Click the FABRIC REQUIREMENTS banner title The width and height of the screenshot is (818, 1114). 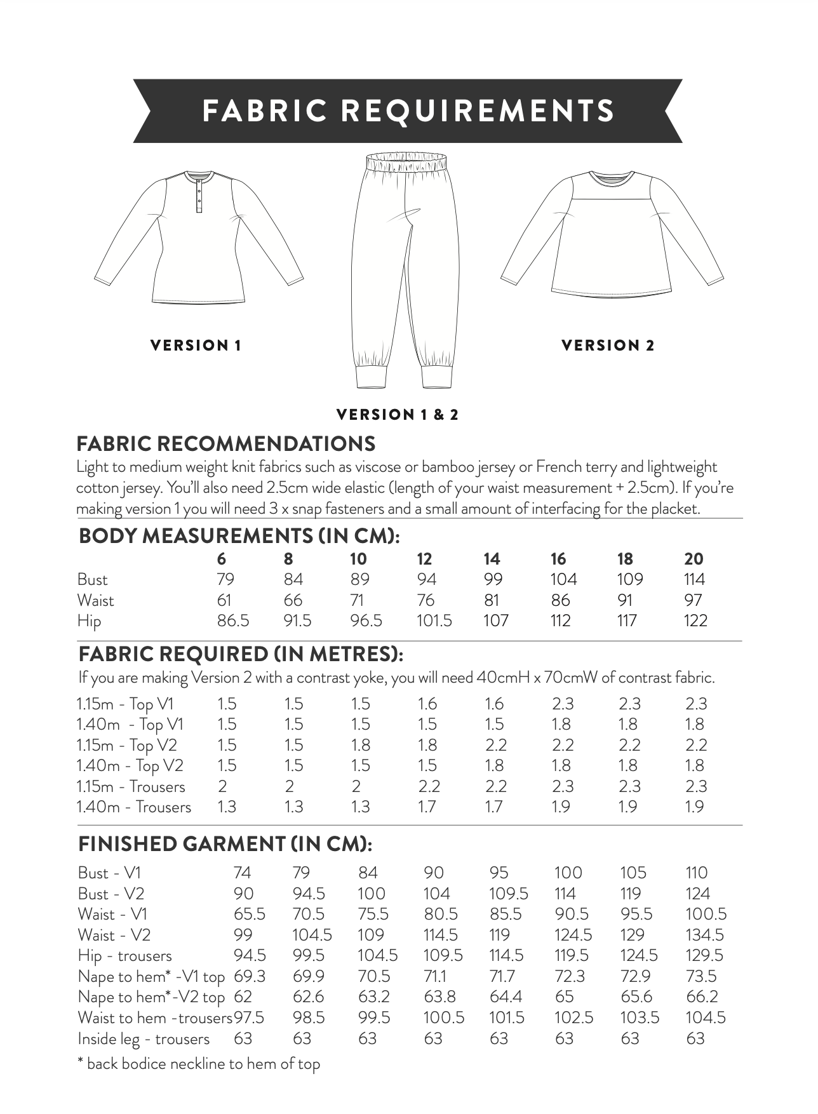click(x=408, y=111)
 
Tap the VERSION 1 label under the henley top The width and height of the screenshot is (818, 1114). click(x=196, y=346)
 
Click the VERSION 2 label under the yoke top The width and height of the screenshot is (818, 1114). click(x=608, y=346)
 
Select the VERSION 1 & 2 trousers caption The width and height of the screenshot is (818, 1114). click(x=397, y=415)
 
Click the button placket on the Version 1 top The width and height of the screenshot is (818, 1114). click(x=199, y=193)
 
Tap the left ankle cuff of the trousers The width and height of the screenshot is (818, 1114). click(x=372, y=376)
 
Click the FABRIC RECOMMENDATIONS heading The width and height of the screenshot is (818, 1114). click(x=225, y=444)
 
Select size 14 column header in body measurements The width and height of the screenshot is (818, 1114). click(x=492, y=559)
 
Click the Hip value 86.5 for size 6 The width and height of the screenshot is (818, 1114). click(x=232, y=621)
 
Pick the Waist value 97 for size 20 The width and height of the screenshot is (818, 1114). click(x=694, y=600)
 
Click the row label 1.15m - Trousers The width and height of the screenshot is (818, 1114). click(x=131, y=786)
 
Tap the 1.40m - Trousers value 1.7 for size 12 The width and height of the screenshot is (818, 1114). click(x=428, y=807)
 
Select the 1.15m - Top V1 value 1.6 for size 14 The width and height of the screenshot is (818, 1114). click(x=493, y=704)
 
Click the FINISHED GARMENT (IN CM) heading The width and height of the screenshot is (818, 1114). click(x=225, y=844)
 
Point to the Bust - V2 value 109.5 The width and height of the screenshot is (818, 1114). click(x=508, y=894)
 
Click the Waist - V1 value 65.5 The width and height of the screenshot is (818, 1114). click(x=249, y=914)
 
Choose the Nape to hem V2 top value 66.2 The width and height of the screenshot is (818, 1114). click(x=702, y=997)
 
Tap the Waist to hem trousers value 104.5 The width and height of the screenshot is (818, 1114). click(x=705, y=1017)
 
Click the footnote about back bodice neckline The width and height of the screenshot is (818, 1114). click(x=198, y=1064)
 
